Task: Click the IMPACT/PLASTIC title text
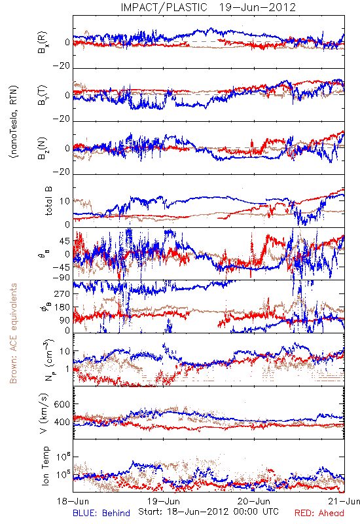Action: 164,7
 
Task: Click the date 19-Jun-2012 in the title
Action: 257,7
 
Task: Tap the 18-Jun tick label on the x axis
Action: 73,501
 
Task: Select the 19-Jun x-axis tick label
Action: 164,501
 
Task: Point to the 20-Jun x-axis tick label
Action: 254,501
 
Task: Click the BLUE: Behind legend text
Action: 101,513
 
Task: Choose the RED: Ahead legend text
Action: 319,513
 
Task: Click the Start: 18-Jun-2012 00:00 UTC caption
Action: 208,512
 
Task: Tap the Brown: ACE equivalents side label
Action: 13,333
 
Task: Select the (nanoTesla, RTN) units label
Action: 13,122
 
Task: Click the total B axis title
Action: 48,201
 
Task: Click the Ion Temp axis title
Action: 45,466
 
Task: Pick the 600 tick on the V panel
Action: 62,404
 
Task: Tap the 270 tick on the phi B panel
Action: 62,293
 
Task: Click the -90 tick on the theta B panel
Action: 61,278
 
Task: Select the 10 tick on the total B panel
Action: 65,201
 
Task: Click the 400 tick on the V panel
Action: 62,422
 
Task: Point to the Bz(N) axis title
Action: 43,148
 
